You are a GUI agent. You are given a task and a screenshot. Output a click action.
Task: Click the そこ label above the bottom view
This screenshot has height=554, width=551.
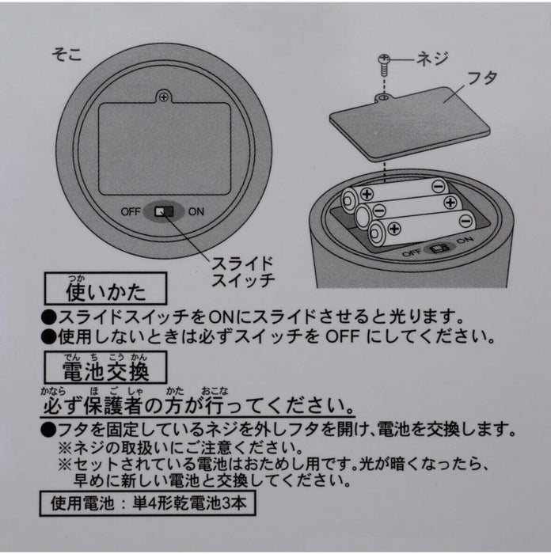pyautogui.click(x=66, y=55)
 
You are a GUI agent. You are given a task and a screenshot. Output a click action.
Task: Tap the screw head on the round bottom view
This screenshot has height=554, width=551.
pyautogui.click(x=163, y=96)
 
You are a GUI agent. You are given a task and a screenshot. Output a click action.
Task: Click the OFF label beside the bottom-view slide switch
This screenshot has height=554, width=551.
pyautogui.click(x=131, y=211)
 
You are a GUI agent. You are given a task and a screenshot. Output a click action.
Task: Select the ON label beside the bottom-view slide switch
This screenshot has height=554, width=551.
pyautogui.click(x=196, y=211)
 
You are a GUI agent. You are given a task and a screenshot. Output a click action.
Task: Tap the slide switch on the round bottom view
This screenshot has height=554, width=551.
pyautogui.click(x=165, y=211)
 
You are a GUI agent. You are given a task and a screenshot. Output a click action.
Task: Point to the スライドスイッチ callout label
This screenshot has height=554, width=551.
pyautogui.click(x=243, y=271)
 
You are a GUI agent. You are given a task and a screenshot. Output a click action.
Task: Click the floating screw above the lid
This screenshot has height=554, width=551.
pyautogui.click(x=383, y=64)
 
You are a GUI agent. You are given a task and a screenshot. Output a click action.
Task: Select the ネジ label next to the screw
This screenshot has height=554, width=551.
pyautogui.click(x=432, y=59)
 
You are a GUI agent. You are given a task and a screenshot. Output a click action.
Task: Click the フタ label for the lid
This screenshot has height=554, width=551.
pyautogui.click(x=482, y=78)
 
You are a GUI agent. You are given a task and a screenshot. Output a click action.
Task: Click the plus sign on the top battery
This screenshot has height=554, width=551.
pyautogui.click(x=367, y=194)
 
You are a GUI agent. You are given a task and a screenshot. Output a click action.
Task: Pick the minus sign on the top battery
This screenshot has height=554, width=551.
pyautogui.click(x=439, y=185)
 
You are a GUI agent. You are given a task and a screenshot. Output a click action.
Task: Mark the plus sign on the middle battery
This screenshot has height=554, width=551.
pyautogui.click(x=450, y=203)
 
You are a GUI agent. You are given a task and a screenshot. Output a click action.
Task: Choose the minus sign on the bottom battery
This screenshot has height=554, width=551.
pyautogui.click(x=465, y=222)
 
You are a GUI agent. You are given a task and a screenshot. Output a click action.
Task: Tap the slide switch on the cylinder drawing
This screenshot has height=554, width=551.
pyautogui.click(x=439, y=248)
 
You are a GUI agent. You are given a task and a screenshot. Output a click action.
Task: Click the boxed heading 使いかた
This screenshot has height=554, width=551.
pyautogui.click(x=105, y=289)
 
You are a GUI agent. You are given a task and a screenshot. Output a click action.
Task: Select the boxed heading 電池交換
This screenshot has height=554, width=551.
pyautogui.click(x=105, y=367)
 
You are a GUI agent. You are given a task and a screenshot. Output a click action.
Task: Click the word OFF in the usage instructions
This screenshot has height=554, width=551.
pyautogui.click(x=342, y=337)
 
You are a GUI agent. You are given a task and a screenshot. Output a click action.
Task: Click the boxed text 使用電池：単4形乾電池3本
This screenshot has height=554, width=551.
pyautogui.click(x=148, y=503)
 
